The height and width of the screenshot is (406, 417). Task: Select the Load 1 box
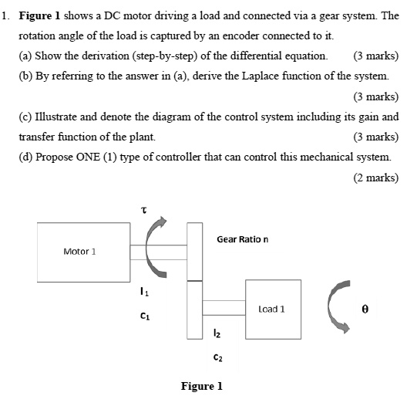click(272, 309)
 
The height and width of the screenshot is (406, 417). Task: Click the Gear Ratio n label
click(242, 239)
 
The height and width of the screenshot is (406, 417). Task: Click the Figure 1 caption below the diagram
click(201, 386)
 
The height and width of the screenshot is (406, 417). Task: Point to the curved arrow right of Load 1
click(337, 306)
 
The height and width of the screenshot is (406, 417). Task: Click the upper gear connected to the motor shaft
click(194, 251)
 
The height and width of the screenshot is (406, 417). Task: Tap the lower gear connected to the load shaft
click(194, 309)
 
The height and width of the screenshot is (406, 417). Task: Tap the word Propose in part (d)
click(58, 157)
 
